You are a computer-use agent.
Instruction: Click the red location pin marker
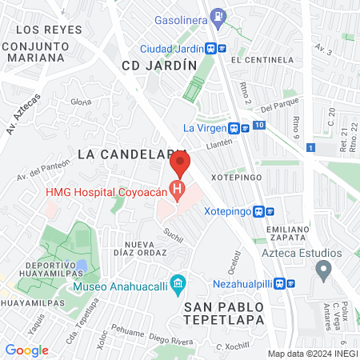click(x=179, y=166)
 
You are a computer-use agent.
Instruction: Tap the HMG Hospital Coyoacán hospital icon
click(x=179, y=193)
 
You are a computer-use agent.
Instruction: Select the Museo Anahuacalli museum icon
click(x=178, y=283)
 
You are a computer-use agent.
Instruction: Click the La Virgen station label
click(x=203, y=127)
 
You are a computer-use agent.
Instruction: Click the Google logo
click(x=26, y=350)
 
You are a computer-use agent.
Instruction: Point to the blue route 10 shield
click(x=258, y=126)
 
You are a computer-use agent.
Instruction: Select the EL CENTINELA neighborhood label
click(x=260, y=60)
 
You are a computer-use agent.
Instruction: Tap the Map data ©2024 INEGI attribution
click(x=311, y=353)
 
